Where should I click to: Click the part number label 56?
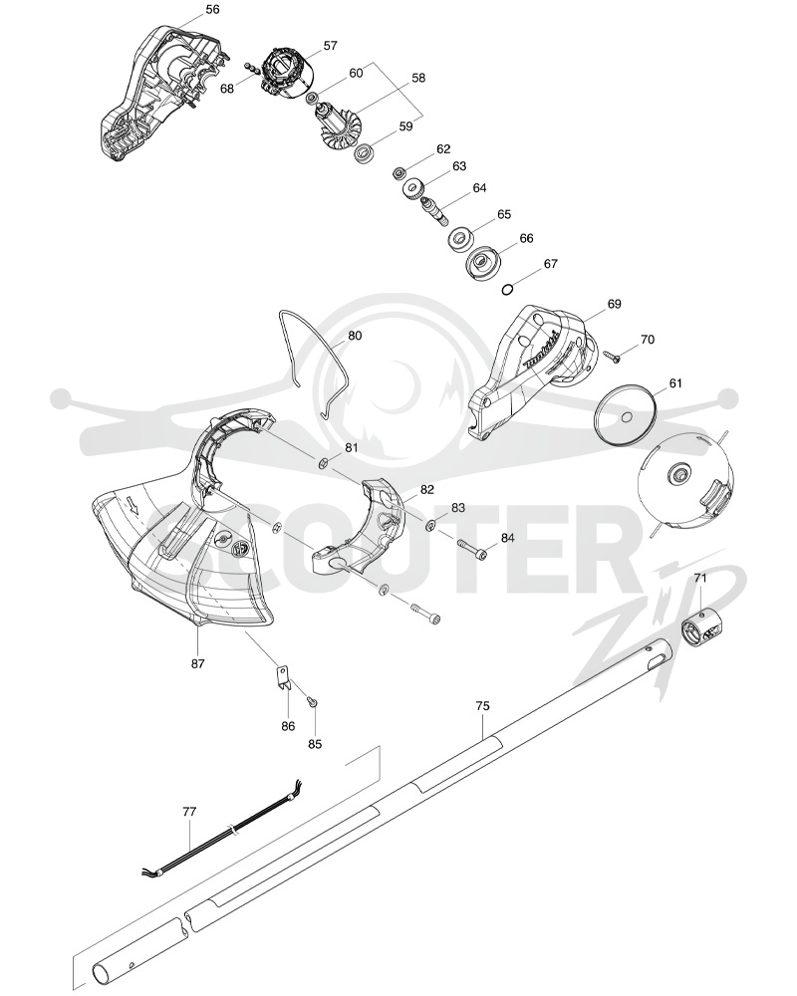(x=213, y=10)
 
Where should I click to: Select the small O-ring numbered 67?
(x=507, y=290)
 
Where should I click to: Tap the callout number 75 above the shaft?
(x=482, y=706)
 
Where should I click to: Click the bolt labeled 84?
(x=472, y=548)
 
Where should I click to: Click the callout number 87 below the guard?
(x=197, y=663)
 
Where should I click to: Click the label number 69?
(x=614, y=304)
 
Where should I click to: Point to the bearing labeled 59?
(x=365, y=152)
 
